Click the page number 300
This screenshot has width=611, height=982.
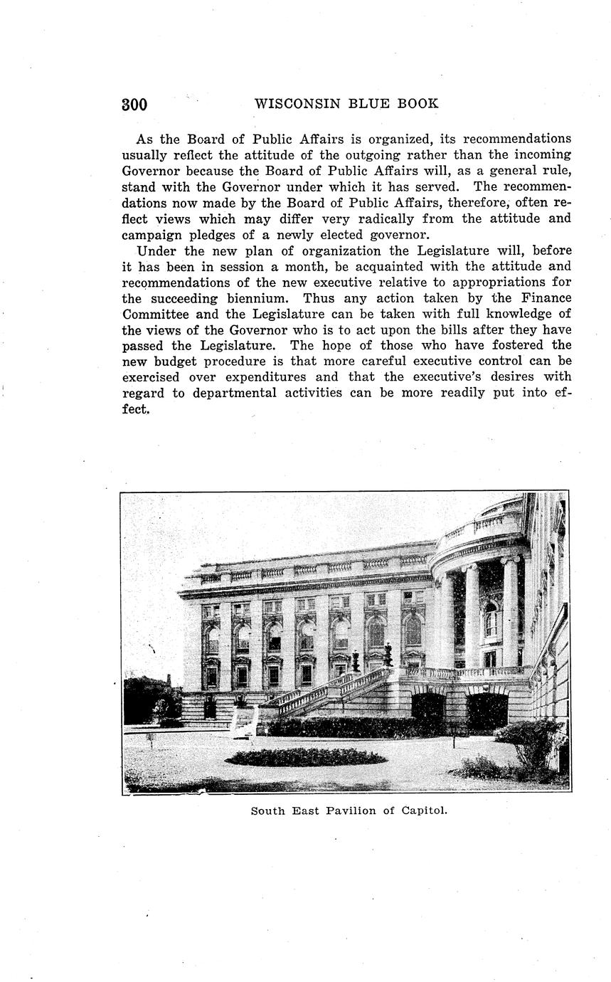[x=134, y=105]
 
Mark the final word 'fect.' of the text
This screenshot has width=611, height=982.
[x=136, y=409]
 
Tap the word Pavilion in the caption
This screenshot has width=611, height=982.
[x=346, y=810]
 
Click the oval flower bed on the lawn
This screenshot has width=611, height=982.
[x=306, y=756]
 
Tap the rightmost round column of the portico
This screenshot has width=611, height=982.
[x=510, y=612]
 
